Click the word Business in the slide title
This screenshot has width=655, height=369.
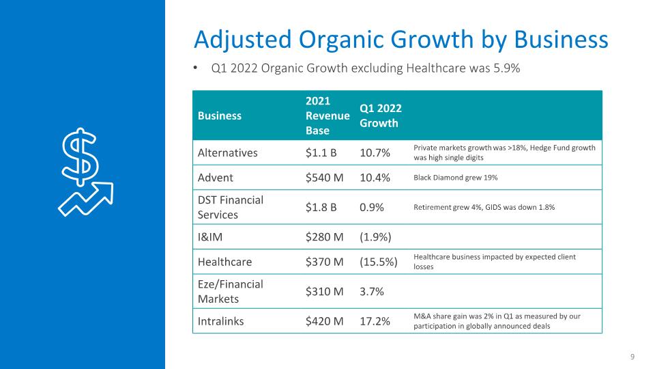(561, 40)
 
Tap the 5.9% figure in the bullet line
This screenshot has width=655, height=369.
(507, 68)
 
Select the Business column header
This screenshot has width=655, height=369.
(219, 116)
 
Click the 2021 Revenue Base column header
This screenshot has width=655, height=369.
(327, 115)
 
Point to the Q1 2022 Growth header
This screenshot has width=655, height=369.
(381, 115)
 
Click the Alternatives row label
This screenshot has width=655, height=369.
(228, 152)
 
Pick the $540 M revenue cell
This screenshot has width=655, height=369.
(324, 178)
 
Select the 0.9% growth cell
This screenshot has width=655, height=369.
(371, 207)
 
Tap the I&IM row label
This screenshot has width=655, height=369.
(210, 237)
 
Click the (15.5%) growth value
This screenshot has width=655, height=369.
(379, 262)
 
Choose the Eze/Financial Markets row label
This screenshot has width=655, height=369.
(230, 292)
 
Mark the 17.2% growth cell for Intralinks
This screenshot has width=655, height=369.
(375, 321)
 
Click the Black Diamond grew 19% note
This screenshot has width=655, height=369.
(455, 178)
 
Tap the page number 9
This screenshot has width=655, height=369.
(632, 357)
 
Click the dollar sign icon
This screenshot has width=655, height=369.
(81, 157)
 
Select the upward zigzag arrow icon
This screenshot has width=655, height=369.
(86, 199)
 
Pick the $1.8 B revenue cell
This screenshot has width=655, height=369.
(321, 207)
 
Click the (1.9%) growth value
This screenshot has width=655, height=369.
(375, 237)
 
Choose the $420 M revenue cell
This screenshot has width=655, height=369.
(324, 321)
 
